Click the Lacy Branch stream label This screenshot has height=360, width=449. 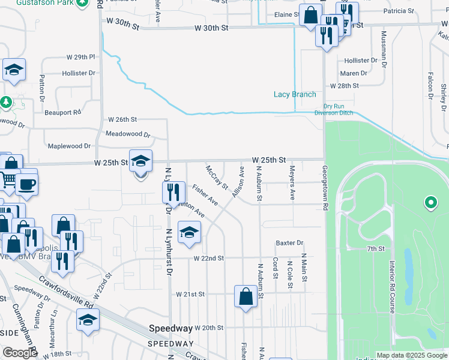point(295,94)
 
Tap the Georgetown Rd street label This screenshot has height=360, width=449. point(325,188)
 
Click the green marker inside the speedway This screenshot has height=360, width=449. point(430,203)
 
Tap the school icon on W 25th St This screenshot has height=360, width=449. point(140,163)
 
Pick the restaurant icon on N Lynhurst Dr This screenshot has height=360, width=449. point(172,192)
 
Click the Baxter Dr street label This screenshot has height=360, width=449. point(290,243)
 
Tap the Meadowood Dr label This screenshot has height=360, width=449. point(128,134)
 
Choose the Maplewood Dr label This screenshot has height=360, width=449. point(69,146)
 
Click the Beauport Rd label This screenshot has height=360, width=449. point(62,112)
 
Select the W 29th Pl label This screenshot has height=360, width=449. point(81,57)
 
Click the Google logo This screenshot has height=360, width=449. point(20,353)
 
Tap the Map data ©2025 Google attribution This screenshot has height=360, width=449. point(412,355)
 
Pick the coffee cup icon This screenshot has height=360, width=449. point(26,184)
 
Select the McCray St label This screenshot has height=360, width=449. point(217,178)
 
